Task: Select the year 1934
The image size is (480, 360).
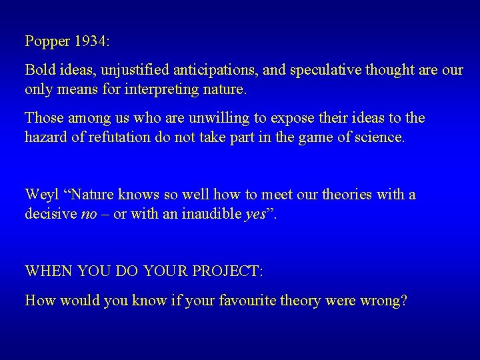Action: (x=91, y=41)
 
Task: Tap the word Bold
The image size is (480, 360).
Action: (x=39, y=70)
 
